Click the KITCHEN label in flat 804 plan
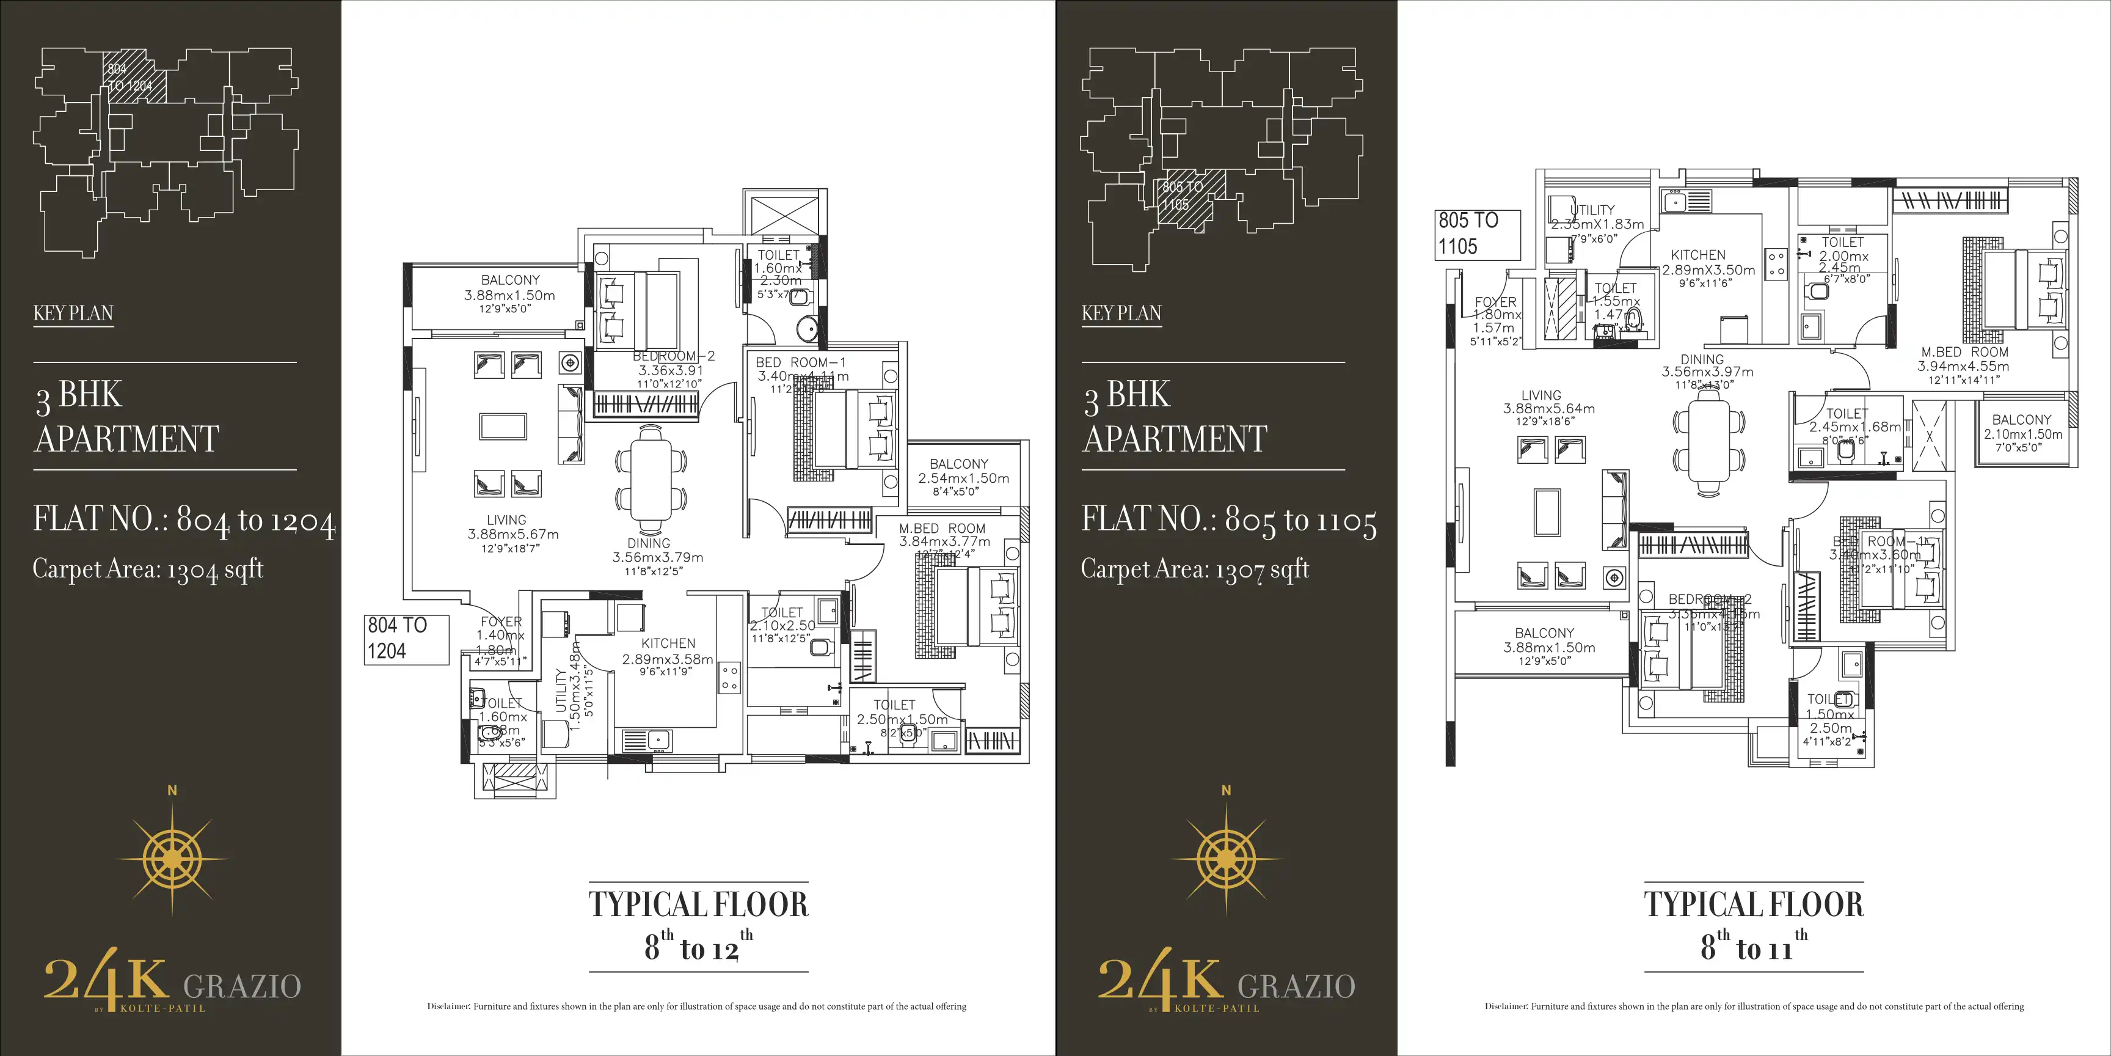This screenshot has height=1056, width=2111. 668,643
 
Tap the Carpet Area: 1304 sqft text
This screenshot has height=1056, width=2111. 147,569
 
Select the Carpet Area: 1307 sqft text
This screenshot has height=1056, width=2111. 1195,569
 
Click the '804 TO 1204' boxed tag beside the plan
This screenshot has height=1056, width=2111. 406,639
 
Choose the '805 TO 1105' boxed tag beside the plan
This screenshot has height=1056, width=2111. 1477,233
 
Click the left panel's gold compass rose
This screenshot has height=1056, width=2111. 172,857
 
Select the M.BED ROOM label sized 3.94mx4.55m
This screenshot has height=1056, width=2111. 1964,359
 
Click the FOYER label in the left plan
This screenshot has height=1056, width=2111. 501,621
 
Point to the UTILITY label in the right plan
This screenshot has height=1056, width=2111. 1593,210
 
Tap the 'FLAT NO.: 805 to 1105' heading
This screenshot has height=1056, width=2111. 1228,520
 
